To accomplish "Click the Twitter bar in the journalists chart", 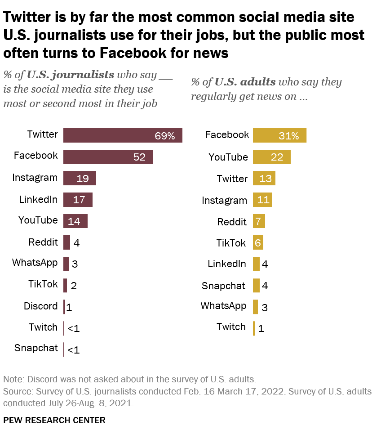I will tap(122, 135).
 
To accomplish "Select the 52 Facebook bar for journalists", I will tap(108, 157).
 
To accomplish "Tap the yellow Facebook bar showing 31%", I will tap(279, 135).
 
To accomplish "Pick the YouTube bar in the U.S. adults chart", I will tap(271, 157).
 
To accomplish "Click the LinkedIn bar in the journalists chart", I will tap(78, 200).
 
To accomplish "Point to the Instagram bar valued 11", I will tap(262, 200).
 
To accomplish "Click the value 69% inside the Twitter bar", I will tap(164, 136).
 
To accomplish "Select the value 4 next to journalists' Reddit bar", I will tap(76, 243).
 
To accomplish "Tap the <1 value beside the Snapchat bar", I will tap(73, 349).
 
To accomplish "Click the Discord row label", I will tap(40, 306).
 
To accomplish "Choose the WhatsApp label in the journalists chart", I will tap(35, 263).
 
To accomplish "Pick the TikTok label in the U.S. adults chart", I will tap(231, 243).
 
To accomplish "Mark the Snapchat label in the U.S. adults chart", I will tap(223, 286).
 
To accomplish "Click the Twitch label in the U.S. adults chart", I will tap(231, 327).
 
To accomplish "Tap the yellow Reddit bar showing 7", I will tap(259, 221).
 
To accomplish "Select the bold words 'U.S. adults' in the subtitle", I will tap(245, 82).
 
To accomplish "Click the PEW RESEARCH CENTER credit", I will tap(54, 421).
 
